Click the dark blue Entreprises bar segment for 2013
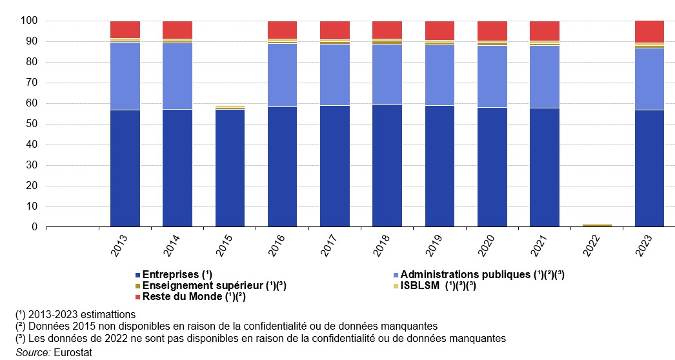click(x=125, y=168)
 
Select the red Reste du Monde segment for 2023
click(x=650, y=32)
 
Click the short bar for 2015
click(x=230, y=168)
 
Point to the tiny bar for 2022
click(x=597, y=225)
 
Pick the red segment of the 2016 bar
click(x=283, y=30)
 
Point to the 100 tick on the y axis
click(x=30, y=21)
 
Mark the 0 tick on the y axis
click(x=35, y=227)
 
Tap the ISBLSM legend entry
click(x=438, y=286)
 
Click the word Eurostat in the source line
click(x=75, y=353)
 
